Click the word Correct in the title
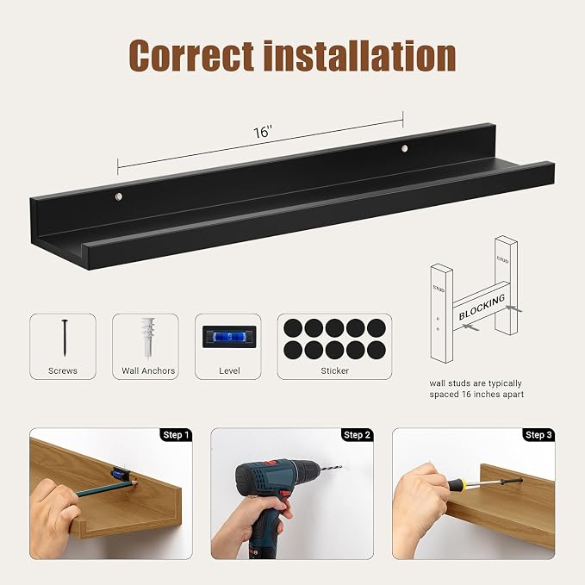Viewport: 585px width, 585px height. [x=191, y=55]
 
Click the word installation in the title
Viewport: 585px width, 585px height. [x=359, y=56]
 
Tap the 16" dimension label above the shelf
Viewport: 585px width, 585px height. [x=263, y=132]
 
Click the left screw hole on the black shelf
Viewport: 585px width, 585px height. [x=119, y=196]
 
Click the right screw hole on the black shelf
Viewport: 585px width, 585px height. [x=404, y=148]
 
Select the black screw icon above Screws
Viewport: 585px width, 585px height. [x=65, y=338]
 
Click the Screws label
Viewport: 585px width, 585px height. [x=63, y=370]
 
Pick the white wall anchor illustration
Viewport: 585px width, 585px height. [x=147, y=338]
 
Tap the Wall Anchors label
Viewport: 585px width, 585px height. [x=148, y=370]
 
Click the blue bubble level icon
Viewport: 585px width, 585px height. [x=229, y=337]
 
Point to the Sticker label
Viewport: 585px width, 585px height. [x=334, y=370]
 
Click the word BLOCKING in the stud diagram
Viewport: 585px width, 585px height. [x=482, y=307]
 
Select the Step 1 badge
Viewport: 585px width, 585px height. [x=176, y=434]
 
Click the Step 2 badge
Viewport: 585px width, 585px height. [x=357, y=434]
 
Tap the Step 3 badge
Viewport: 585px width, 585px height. [x=538, y=434]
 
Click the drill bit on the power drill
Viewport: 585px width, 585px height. [x=329, y=467]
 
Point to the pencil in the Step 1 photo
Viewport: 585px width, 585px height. [x=107, y=488]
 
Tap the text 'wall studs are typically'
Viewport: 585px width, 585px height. [x=476, y=383]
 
